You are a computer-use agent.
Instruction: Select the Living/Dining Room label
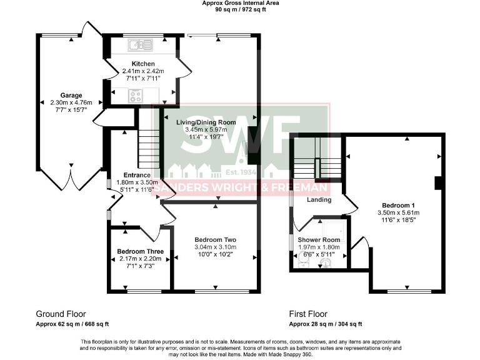tap(208, 122)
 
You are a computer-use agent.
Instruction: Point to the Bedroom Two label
tap(214, 240)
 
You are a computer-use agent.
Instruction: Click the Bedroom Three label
tap(140, 252)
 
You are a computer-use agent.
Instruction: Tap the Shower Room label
tap(319, 240)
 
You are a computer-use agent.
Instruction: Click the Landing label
tap(319, 200)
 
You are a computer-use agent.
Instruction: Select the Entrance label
tap(137, 175)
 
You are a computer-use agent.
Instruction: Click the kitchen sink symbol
tap(141, 45)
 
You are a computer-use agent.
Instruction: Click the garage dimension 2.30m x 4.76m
tap(71, 103)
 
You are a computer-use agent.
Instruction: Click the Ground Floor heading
tap(61, 314)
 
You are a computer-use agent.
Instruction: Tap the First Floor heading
tap(308, 314)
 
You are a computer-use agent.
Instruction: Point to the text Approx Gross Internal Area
tap(240, 3)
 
